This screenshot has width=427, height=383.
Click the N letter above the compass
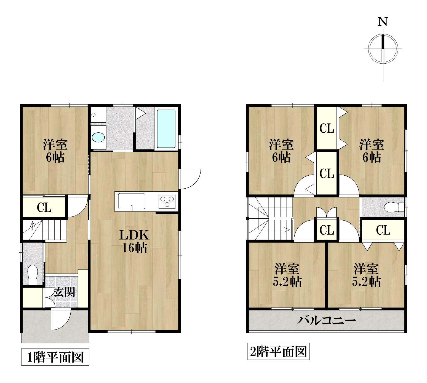383,22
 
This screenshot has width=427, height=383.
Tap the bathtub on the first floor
166,129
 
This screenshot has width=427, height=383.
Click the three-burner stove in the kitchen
167,201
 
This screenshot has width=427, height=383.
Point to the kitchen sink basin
132,201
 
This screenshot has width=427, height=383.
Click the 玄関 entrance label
64,292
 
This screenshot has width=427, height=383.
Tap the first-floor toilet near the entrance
33,275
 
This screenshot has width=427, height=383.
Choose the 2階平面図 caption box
278,351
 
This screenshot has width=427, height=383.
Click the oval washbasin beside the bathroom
98,137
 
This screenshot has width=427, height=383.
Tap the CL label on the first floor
44,208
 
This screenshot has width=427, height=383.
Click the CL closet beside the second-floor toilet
383,230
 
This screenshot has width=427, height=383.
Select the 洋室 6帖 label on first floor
55,151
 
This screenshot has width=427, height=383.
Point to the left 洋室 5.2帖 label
287,275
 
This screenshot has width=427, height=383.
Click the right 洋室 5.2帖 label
366,275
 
